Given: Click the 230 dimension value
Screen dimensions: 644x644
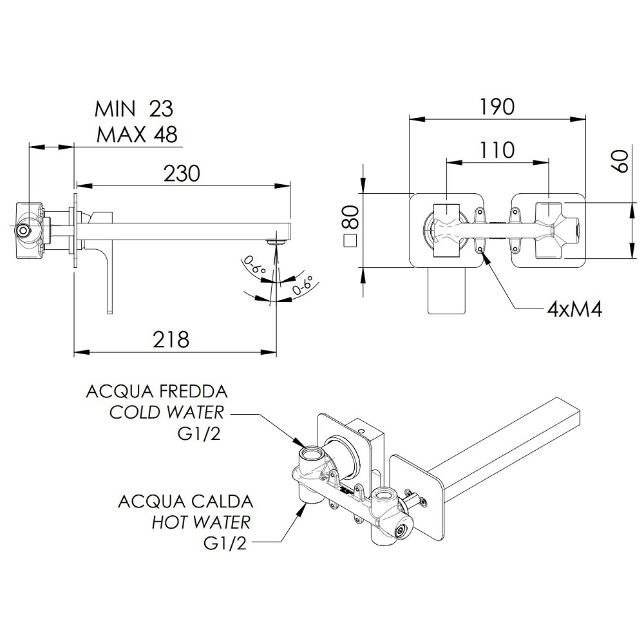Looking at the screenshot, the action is [x=182, y=173].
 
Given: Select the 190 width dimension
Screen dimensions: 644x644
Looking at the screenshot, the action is [x=497, y=107].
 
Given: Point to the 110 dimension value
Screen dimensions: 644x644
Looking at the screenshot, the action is [x=497, y=150].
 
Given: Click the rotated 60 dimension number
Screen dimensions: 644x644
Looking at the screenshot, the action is [x=620, y=162].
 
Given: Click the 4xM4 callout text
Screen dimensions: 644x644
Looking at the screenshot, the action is [x=574, y=309].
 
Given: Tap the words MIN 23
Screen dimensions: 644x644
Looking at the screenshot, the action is [x=134, y=109].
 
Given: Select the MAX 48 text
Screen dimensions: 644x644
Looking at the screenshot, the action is [x=137, y=135].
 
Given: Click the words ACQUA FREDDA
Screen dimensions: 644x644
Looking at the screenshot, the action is [x=156, y=392].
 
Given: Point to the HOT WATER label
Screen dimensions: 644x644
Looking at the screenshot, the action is [x=201, y=522].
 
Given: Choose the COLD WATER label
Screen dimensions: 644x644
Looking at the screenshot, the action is [x=166, y=412].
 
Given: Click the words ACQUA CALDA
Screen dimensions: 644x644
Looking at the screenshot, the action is [x=185, y=502].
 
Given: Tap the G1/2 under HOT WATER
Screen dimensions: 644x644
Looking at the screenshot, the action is [x=225, y=544].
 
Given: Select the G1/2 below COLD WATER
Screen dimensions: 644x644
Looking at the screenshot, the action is [x=199, y=434].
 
